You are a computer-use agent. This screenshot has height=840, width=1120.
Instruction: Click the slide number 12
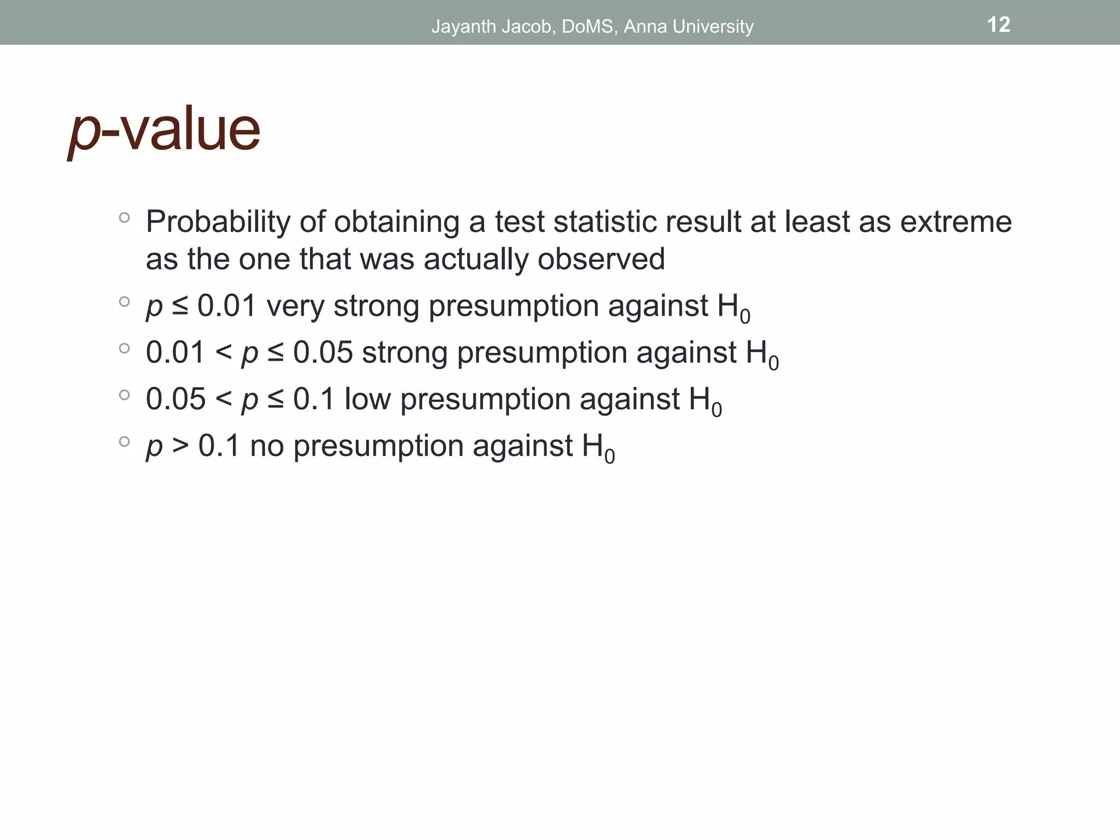tap(999, 25)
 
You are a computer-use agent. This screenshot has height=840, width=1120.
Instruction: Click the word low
tap(367, 399)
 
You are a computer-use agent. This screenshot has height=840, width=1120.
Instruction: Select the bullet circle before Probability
tap(124, 218)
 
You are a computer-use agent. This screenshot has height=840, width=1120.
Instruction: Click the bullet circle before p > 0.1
tap(124, 441)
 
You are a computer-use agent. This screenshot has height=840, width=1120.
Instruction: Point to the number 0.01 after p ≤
tap(226, 306)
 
